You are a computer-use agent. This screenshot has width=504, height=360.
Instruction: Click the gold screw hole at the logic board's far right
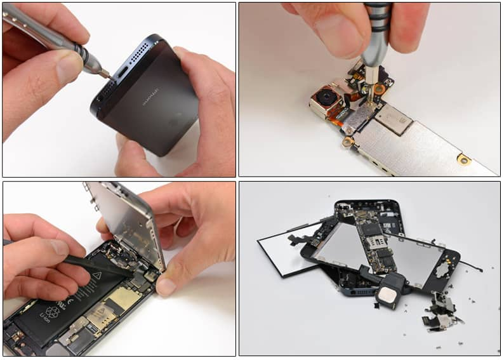tap(464, 159)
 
